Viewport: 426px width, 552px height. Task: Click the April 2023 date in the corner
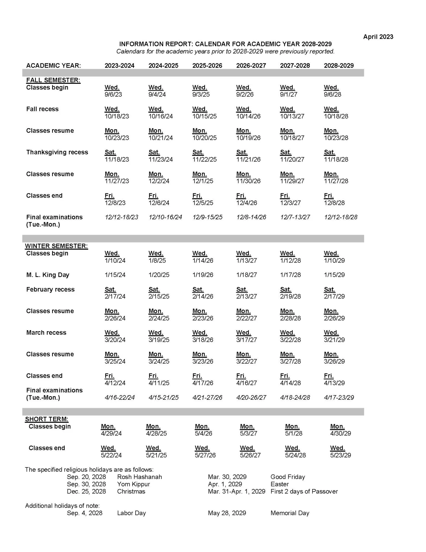pyautogui.click(x=378, y=37)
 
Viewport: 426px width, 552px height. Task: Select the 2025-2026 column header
pyautogui.click(x=207, y=66)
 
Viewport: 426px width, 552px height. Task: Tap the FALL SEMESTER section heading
pyautogui.click(x=53, y=80)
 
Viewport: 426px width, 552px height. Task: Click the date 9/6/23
pyautogui.click(x=113, y=95)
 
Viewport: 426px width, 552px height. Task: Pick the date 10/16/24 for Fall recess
pyautogui.click(x=161, y=116)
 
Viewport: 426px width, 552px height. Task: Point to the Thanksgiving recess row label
pyautogui.click(x=57, y=152)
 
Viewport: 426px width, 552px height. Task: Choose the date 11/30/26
pyautogui.click(x=248, y=181)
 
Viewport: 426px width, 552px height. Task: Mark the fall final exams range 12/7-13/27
pyautogui.click(x=295, y=217)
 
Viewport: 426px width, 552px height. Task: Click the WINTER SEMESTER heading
pyautogui.click(x=56, y=246)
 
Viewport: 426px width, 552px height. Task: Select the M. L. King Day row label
pyautogui.click(x=48, y=275)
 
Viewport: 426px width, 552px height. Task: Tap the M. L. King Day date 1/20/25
pyautogui.click(x=159, y=275)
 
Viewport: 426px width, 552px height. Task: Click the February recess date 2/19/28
pyautogui.click(x=290, y=297)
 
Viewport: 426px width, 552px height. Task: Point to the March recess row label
pyautogui.click(x=46, y=333)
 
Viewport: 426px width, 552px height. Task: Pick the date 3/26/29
pyautogui.click(x=334, y=361)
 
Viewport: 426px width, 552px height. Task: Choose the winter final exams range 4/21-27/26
pyautogui.click(x=207, y=398)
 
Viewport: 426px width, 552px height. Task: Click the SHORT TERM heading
pyautogui.click(x=47, y=419)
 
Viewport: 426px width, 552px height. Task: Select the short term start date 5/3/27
pyautogui.click(x=248, y=433)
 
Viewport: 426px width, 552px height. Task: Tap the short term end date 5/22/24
pyautogui.click(x=111, y=455)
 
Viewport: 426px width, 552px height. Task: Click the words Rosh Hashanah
pyautogui.click(x=139, y=477)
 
